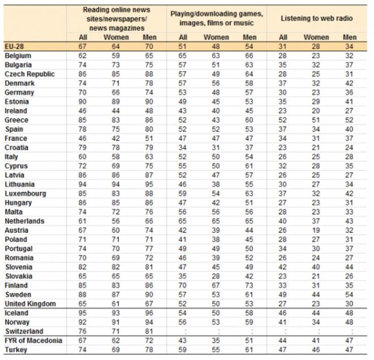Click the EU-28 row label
point(14,46)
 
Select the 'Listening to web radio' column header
point(316,18)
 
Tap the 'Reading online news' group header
point(117,19)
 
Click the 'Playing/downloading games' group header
point(217,18)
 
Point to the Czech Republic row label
point(29,74)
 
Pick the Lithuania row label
point(20,184)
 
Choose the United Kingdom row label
point(31,304)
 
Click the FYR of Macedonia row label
point(33,341)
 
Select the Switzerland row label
point(24,331)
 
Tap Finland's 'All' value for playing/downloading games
point(182,285)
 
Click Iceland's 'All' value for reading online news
point(82,313)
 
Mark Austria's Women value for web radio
point(316,231)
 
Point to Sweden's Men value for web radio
point(349,294)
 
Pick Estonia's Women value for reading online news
point(115,102)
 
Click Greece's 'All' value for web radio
point(282,120)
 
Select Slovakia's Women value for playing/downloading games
point(216,276)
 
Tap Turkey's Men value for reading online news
point(149,350)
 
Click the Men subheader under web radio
point(350,37)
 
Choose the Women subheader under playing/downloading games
point(216,37)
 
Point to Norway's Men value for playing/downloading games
point(249,322)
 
